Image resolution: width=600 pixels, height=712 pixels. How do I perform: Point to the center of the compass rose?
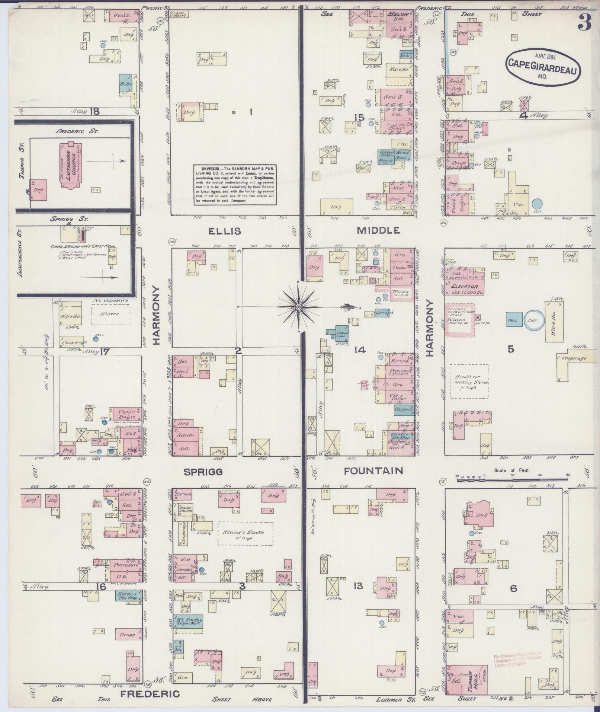298,307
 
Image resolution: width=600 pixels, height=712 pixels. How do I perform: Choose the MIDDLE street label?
378,230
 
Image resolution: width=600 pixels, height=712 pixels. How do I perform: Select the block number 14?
360,350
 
